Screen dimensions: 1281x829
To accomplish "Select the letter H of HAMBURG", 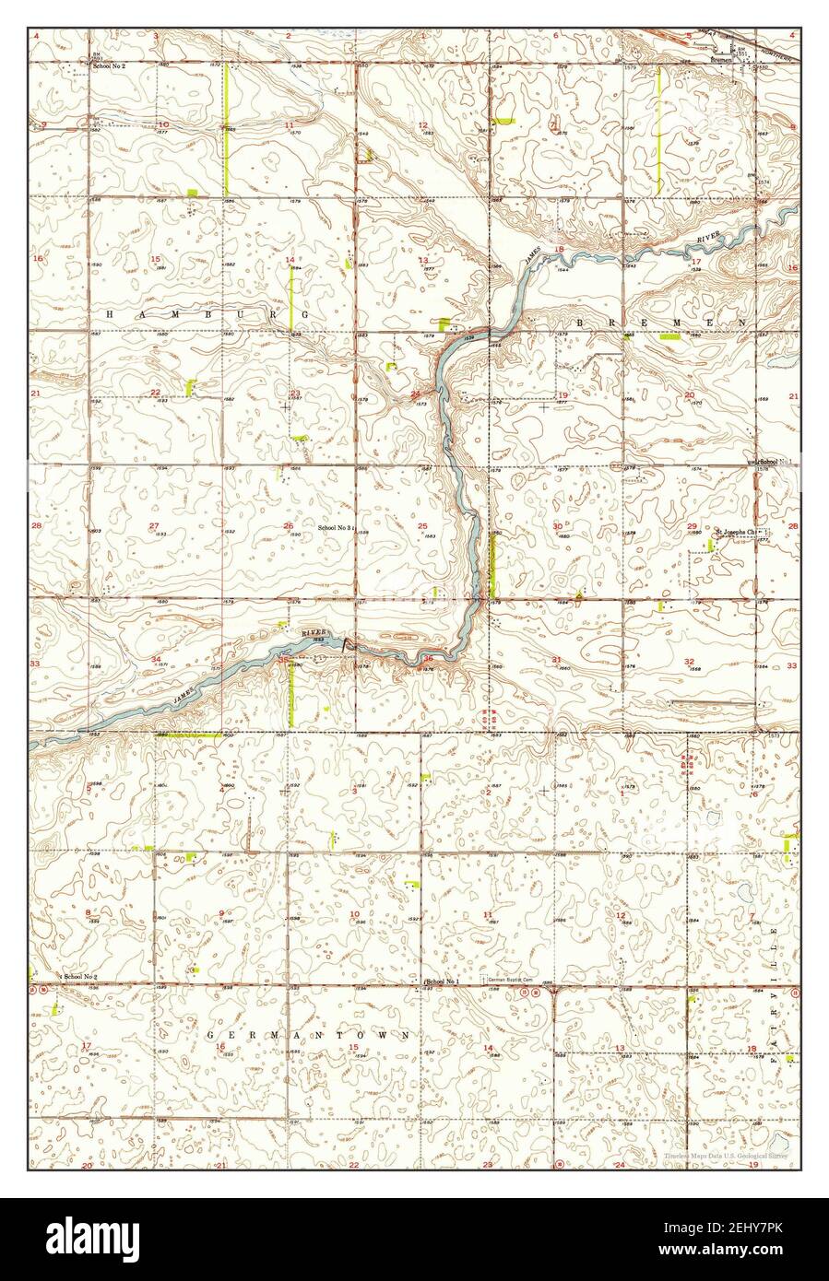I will click(x=110, y=314).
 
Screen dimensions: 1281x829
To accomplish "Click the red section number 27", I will click(x=153, y=526).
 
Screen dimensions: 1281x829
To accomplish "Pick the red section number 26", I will click(x=289, y=526).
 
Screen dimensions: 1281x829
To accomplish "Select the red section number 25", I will click(x=422, y=526).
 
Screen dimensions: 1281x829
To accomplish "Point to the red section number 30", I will click(x=557, y=526).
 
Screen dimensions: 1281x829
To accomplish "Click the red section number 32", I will click(x=689, y=662).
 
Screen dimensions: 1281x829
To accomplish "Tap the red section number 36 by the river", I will click(x=429, y=658).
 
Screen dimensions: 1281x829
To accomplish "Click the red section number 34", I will click(x=157, y=659).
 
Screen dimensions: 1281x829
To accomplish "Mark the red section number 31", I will click(x=556, y=660).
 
